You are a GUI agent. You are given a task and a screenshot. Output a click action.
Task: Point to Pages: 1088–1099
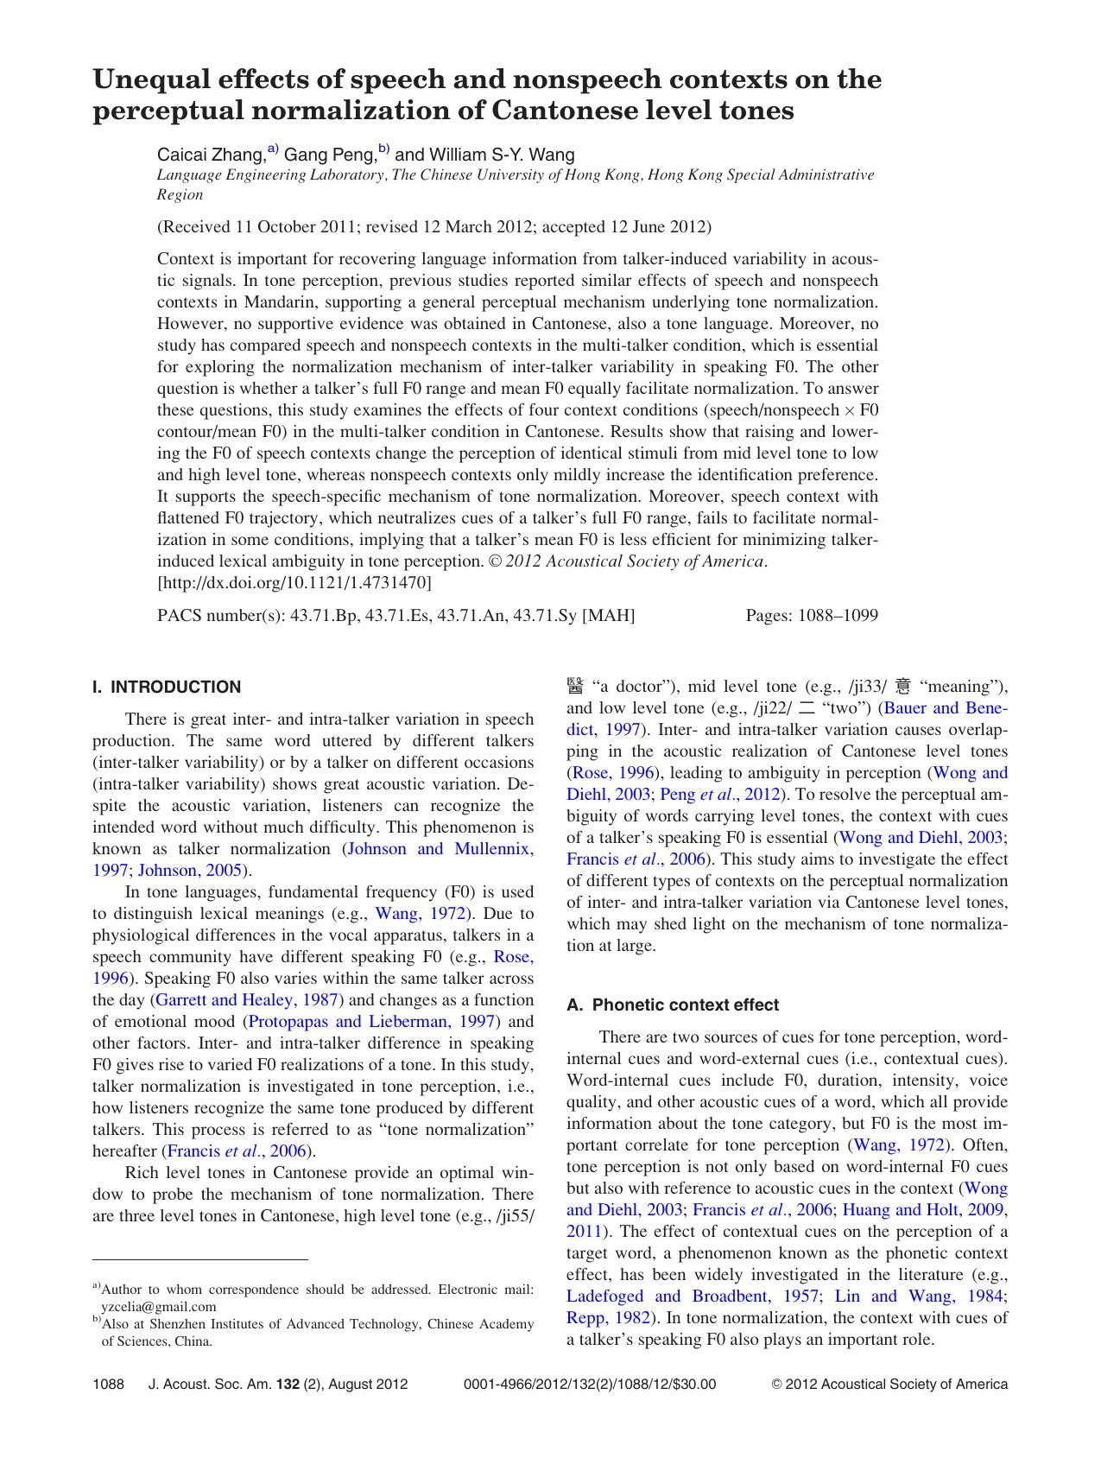pyautogui.click(x=811, y=616)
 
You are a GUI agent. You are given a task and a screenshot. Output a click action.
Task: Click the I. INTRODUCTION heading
pyautogui.click(x=167, y=688)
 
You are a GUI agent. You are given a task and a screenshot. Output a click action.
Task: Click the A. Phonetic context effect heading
pyautogui.click(x=673, y=1005)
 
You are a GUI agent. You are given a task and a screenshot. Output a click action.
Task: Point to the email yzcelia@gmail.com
pyautogui.click(x=159, y=1307)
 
